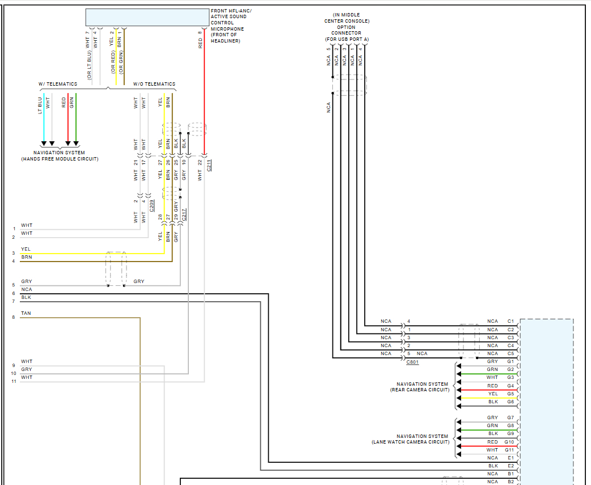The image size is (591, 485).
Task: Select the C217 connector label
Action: pos(184,215)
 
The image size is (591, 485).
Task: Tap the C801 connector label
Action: pos(412,361)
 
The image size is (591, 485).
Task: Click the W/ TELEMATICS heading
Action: pos(58,84)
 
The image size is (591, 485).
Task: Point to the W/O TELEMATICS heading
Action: pos(154,84)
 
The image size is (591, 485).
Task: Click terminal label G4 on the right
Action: pos(510,386)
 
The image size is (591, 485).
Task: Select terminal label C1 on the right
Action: pos(510,322)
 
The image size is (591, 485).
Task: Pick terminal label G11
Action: pos(509,450)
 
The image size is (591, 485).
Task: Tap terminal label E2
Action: pos(510,466)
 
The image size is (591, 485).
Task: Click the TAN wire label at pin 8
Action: pos(26,313)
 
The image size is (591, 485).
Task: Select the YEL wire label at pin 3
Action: pos(26,249)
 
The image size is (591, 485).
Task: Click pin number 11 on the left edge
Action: pos(14,381)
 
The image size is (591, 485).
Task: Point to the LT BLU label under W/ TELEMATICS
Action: pos(40,105)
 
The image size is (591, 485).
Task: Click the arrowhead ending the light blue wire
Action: pos(44,144)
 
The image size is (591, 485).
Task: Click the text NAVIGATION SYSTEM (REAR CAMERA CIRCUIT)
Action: pos(423,387)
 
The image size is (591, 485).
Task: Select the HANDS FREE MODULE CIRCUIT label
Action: pos(60,159)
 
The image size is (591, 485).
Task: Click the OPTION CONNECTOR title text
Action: pos(347,30)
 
